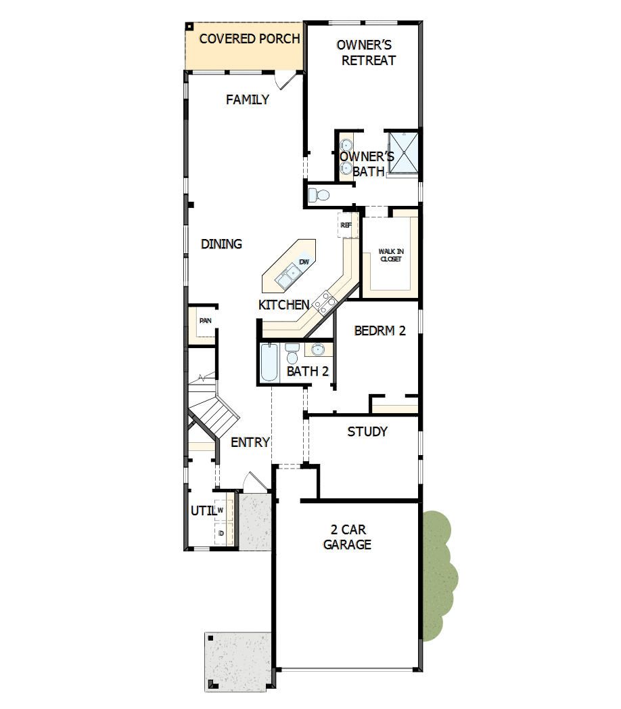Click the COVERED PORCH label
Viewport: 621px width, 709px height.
tap(249, 39)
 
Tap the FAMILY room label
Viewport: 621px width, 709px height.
tap(247, 100)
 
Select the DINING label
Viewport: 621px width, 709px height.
tap(221, 244)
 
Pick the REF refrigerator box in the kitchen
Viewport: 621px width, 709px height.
tap(346, 225)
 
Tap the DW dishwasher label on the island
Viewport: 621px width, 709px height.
tap(304, 261)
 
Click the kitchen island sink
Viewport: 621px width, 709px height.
tap(288, 275)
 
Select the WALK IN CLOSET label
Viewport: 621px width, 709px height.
tap(390, 255)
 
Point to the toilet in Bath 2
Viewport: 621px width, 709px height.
tap(292, 353)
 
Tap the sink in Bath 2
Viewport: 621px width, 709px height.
tap(317, 349)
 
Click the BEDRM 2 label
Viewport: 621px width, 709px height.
tap(379, 330)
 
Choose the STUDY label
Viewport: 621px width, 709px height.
tap(367, 431)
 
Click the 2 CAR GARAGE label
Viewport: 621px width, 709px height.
tap(347, 536)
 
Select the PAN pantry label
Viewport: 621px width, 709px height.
tap(205, 320)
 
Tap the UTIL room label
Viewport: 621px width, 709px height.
tap(202, 511)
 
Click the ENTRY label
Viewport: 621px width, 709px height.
tap(250, 442)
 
